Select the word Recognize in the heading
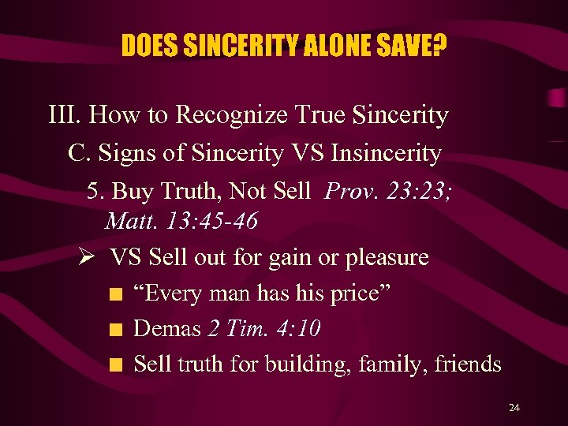(x=234, y=115)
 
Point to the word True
(x=322, y=115)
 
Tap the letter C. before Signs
(x=77, y=153)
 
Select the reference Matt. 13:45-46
(x=181, y=221)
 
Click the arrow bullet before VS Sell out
(x=88, y=258)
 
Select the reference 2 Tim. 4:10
(x=264, y=328)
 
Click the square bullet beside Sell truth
(x=117, y=365)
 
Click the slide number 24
(x=514, y=408)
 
